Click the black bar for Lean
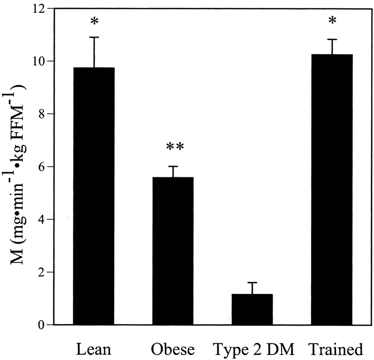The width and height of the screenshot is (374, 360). pyautogui.click(x=94, y=196)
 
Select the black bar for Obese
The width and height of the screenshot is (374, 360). pyautogui.click(x=173, y=251)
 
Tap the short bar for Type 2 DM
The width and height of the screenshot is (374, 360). pyautogui.click(x=252, y=309)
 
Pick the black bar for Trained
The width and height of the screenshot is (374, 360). pyautogui.click(x=332, y=190)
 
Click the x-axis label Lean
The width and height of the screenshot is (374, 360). pyautogui.click(x=93, y=349)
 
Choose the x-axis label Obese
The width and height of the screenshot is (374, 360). pyautogui.click(x=173, y=349)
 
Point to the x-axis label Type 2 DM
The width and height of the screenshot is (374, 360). pyautogui.click(x=253, y=349)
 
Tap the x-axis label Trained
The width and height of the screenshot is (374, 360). pyautogui.click(x=336, y=349)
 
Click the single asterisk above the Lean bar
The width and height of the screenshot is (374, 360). pyautogui.click(x=94, y=22)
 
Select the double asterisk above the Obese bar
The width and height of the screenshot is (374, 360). pyautogui.click(x=175, y=146)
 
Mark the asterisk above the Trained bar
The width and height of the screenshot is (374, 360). pyautogui.click(x=332, y=20)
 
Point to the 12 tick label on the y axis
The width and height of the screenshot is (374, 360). pyautogui.click(x=39, y=9)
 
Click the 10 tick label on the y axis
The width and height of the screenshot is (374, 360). pyautogui.click(x=39, y=62)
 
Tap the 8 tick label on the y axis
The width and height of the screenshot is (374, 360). pyautogui.click(x=42, y=114)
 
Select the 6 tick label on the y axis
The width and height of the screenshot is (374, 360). pyautogui.click(x=42, y=167)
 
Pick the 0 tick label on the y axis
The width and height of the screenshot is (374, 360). pyautogui.click(x=42, y=325)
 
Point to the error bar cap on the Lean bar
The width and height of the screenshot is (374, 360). pyautogui.click(x=94, y=37)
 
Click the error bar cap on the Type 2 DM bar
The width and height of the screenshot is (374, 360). pyautogui.click(x=252, y=282)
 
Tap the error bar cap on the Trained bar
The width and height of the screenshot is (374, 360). pyautogui.click(x=332, y=39)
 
